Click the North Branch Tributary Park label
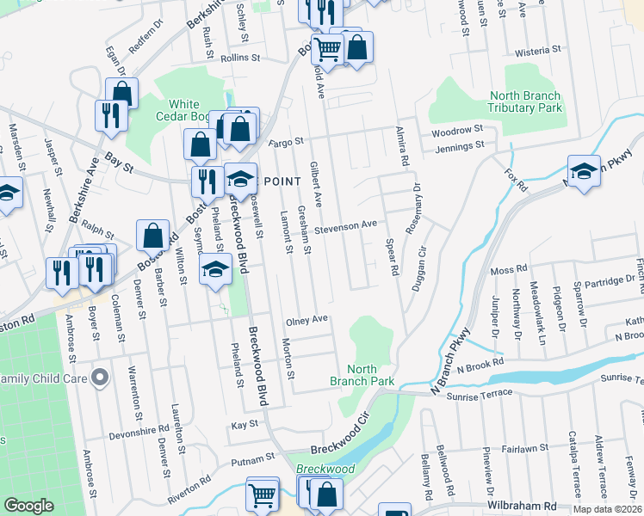pyautogui.click(x=524, y=101)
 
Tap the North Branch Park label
pyautogui.click(x=362, y=374)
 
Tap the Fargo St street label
pyautogui.click(x=287, y=141)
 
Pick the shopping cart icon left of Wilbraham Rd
pyautogui.click(x=263, y=494)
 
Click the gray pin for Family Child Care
pyautogui.click(x=100, y=377)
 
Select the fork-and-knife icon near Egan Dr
pyautogui.click(x=110, y=116)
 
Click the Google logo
pyautogui.click(x=28, y=506)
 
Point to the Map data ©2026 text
pyautogui.click(x=606, y=509)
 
